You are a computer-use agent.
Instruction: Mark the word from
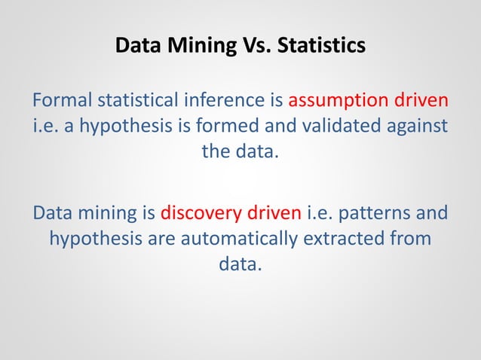412,239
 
